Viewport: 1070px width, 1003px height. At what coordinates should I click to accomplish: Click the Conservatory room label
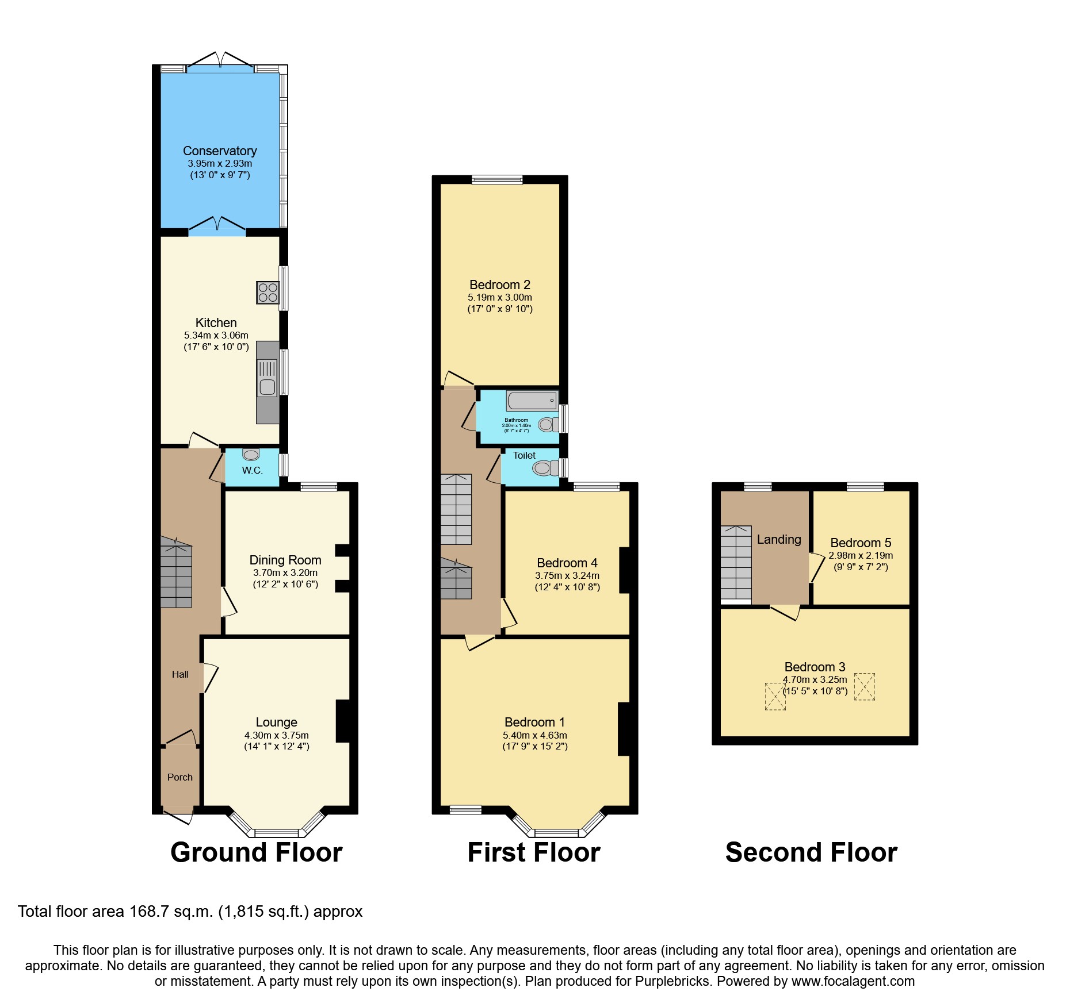click(x=220, y=151)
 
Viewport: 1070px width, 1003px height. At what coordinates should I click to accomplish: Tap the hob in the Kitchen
click(x=267, y=292)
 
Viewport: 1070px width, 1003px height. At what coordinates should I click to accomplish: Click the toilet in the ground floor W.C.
click(x=251, y=455)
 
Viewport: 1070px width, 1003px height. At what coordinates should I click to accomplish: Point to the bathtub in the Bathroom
click(x=532, y=400)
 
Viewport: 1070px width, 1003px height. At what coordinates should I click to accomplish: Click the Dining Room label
click(x=285, y=560)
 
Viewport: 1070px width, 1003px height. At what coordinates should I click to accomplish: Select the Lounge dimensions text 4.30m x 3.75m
click(x=276, y=735)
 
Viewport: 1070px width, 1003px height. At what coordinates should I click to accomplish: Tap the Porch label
click(x=179, y=777)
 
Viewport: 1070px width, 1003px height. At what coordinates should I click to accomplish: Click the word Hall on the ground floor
click(x=180, y=674)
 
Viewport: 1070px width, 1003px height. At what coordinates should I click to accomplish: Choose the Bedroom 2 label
click(x=499, y=285)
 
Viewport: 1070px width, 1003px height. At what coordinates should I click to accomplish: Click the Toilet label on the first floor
click(x=524, y=455)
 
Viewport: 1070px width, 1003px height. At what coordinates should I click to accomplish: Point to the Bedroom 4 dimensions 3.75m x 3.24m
click(x=567, y=575)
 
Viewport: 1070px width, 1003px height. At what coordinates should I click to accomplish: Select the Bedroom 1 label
click(x=534, y=722)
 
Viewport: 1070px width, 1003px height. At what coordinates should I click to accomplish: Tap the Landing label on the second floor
click(x=778, y=539)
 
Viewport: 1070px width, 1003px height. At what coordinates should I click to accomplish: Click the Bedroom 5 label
click(x=861, y=543)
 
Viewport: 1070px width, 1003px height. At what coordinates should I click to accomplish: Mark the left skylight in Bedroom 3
click(x=775, y=696)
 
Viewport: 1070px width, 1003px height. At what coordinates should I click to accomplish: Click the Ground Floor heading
click(x=256, y=852)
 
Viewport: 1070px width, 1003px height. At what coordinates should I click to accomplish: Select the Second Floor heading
click(x=811, y=852)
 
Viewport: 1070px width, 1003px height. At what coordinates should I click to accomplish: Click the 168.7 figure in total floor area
click(x=148, y=912)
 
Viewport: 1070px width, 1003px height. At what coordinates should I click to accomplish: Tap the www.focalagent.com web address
click(x=853, y=981)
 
